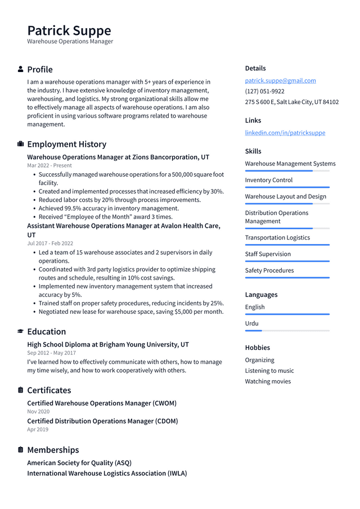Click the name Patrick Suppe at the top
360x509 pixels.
click(69, 30)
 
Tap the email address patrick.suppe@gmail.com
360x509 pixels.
click(280, 80)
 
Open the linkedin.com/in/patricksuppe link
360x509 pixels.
click(285, 133)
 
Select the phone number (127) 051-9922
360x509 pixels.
click(264, 91)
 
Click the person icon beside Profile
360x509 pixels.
click(21, 69)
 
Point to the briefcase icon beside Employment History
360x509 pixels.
click(21, 144)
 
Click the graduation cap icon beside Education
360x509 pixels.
click(21, 331)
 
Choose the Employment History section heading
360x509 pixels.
click(66, 144)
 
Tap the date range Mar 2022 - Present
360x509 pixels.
click(49, 165)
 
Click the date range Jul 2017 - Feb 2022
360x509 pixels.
click(50, 243)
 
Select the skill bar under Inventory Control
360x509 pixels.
click(287, 187)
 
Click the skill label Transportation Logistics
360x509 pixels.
click(277, 237)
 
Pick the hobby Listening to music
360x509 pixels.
click(269, 371)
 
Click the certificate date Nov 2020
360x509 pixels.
click(38, 412)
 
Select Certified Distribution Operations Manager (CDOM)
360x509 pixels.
click(102, 421)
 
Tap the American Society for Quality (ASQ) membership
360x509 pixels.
click(79, 463)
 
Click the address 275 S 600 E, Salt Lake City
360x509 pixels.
click(291, 102)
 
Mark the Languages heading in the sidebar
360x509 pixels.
click(261, 295)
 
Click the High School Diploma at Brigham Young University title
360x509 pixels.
click(108, 344)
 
